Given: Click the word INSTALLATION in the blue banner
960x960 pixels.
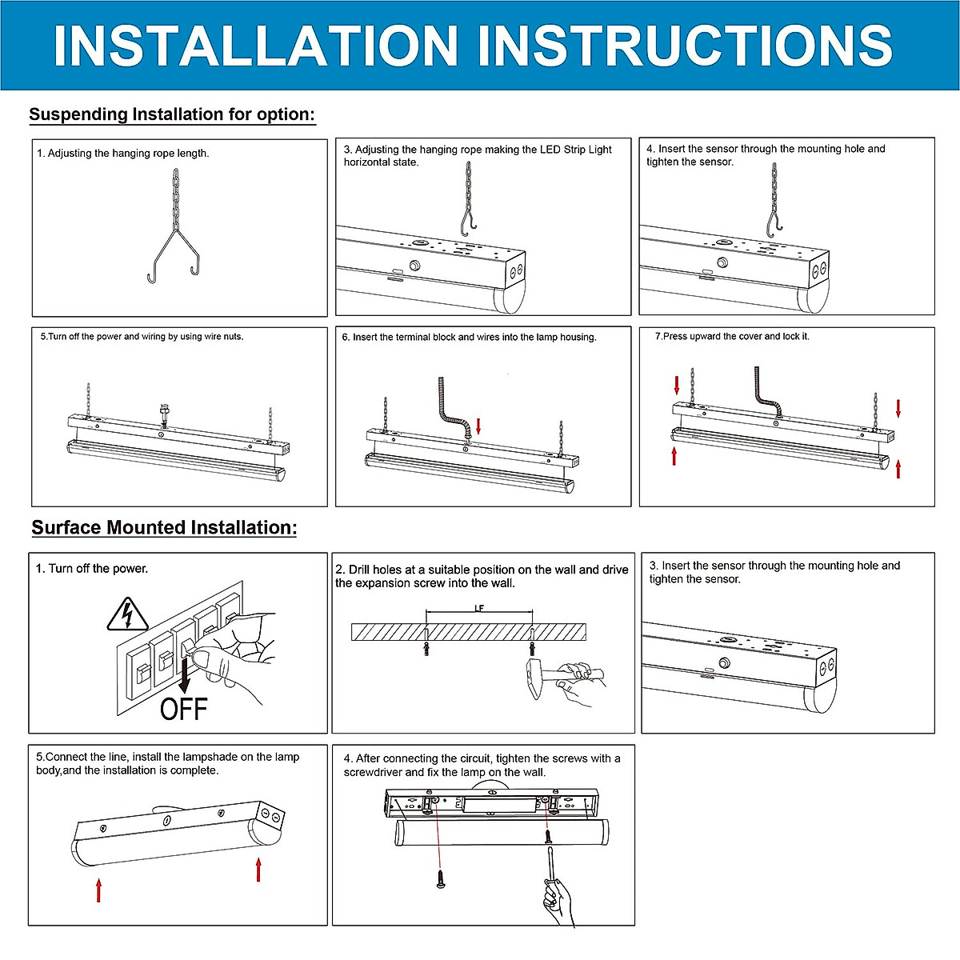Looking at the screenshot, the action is coord(255,46).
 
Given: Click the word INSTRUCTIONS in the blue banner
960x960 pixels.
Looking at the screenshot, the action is coord(685,46).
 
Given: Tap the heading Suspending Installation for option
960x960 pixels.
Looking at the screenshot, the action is coord(172,114).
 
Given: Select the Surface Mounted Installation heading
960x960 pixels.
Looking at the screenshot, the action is coord(164,527).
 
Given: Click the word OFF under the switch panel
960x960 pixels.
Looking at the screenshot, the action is coord(183,709).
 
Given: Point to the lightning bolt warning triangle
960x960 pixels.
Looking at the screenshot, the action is coord(128,614).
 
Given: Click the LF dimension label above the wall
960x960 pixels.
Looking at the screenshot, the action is coord(479,608).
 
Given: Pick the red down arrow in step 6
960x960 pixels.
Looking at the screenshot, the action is coord(478,426).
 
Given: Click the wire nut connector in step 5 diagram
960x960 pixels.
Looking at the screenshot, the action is coord(163,412).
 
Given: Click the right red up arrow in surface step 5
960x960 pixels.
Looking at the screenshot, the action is coord(258,869).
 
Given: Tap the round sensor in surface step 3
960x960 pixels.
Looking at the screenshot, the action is coord(724,663).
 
